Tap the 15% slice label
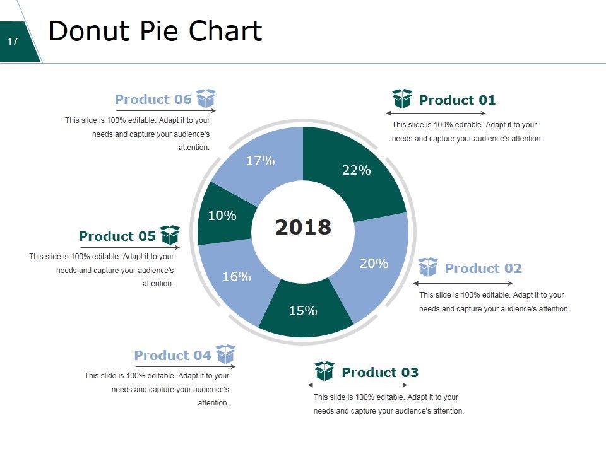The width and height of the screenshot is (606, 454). pos(303,310)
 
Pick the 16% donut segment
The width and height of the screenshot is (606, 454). pos(237,276)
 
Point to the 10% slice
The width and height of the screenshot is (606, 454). pos(222,216)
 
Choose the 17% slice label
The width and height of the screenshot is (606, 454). pos(260,161)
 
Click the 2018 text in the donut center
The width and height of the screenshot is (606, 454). pos(303,227)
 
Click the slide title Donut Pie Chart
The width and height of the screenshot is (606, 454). pos(155,31)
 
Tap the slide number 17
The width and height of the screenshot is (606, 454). pos(13,42)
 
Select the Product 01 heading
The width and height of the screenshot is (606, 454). pos(457,100)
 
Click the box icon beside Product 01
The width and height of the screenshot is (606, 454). pos(402,99)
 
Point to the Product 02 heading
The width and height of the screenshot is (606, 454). pos(483,269)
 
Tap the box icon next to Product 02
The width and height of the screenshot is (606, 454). pos(428,267)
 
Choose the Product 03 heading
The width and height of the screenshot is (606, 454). pos(379,373)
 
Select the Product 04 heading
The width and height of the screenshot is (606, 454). pos(172,356)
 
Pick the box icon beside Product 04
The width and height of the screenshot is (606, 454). pos(225,354)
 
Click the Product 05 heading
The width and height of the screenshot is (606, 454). pos(117,236)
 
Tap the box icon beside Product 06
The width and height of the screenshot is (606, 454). pos(206,98)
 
